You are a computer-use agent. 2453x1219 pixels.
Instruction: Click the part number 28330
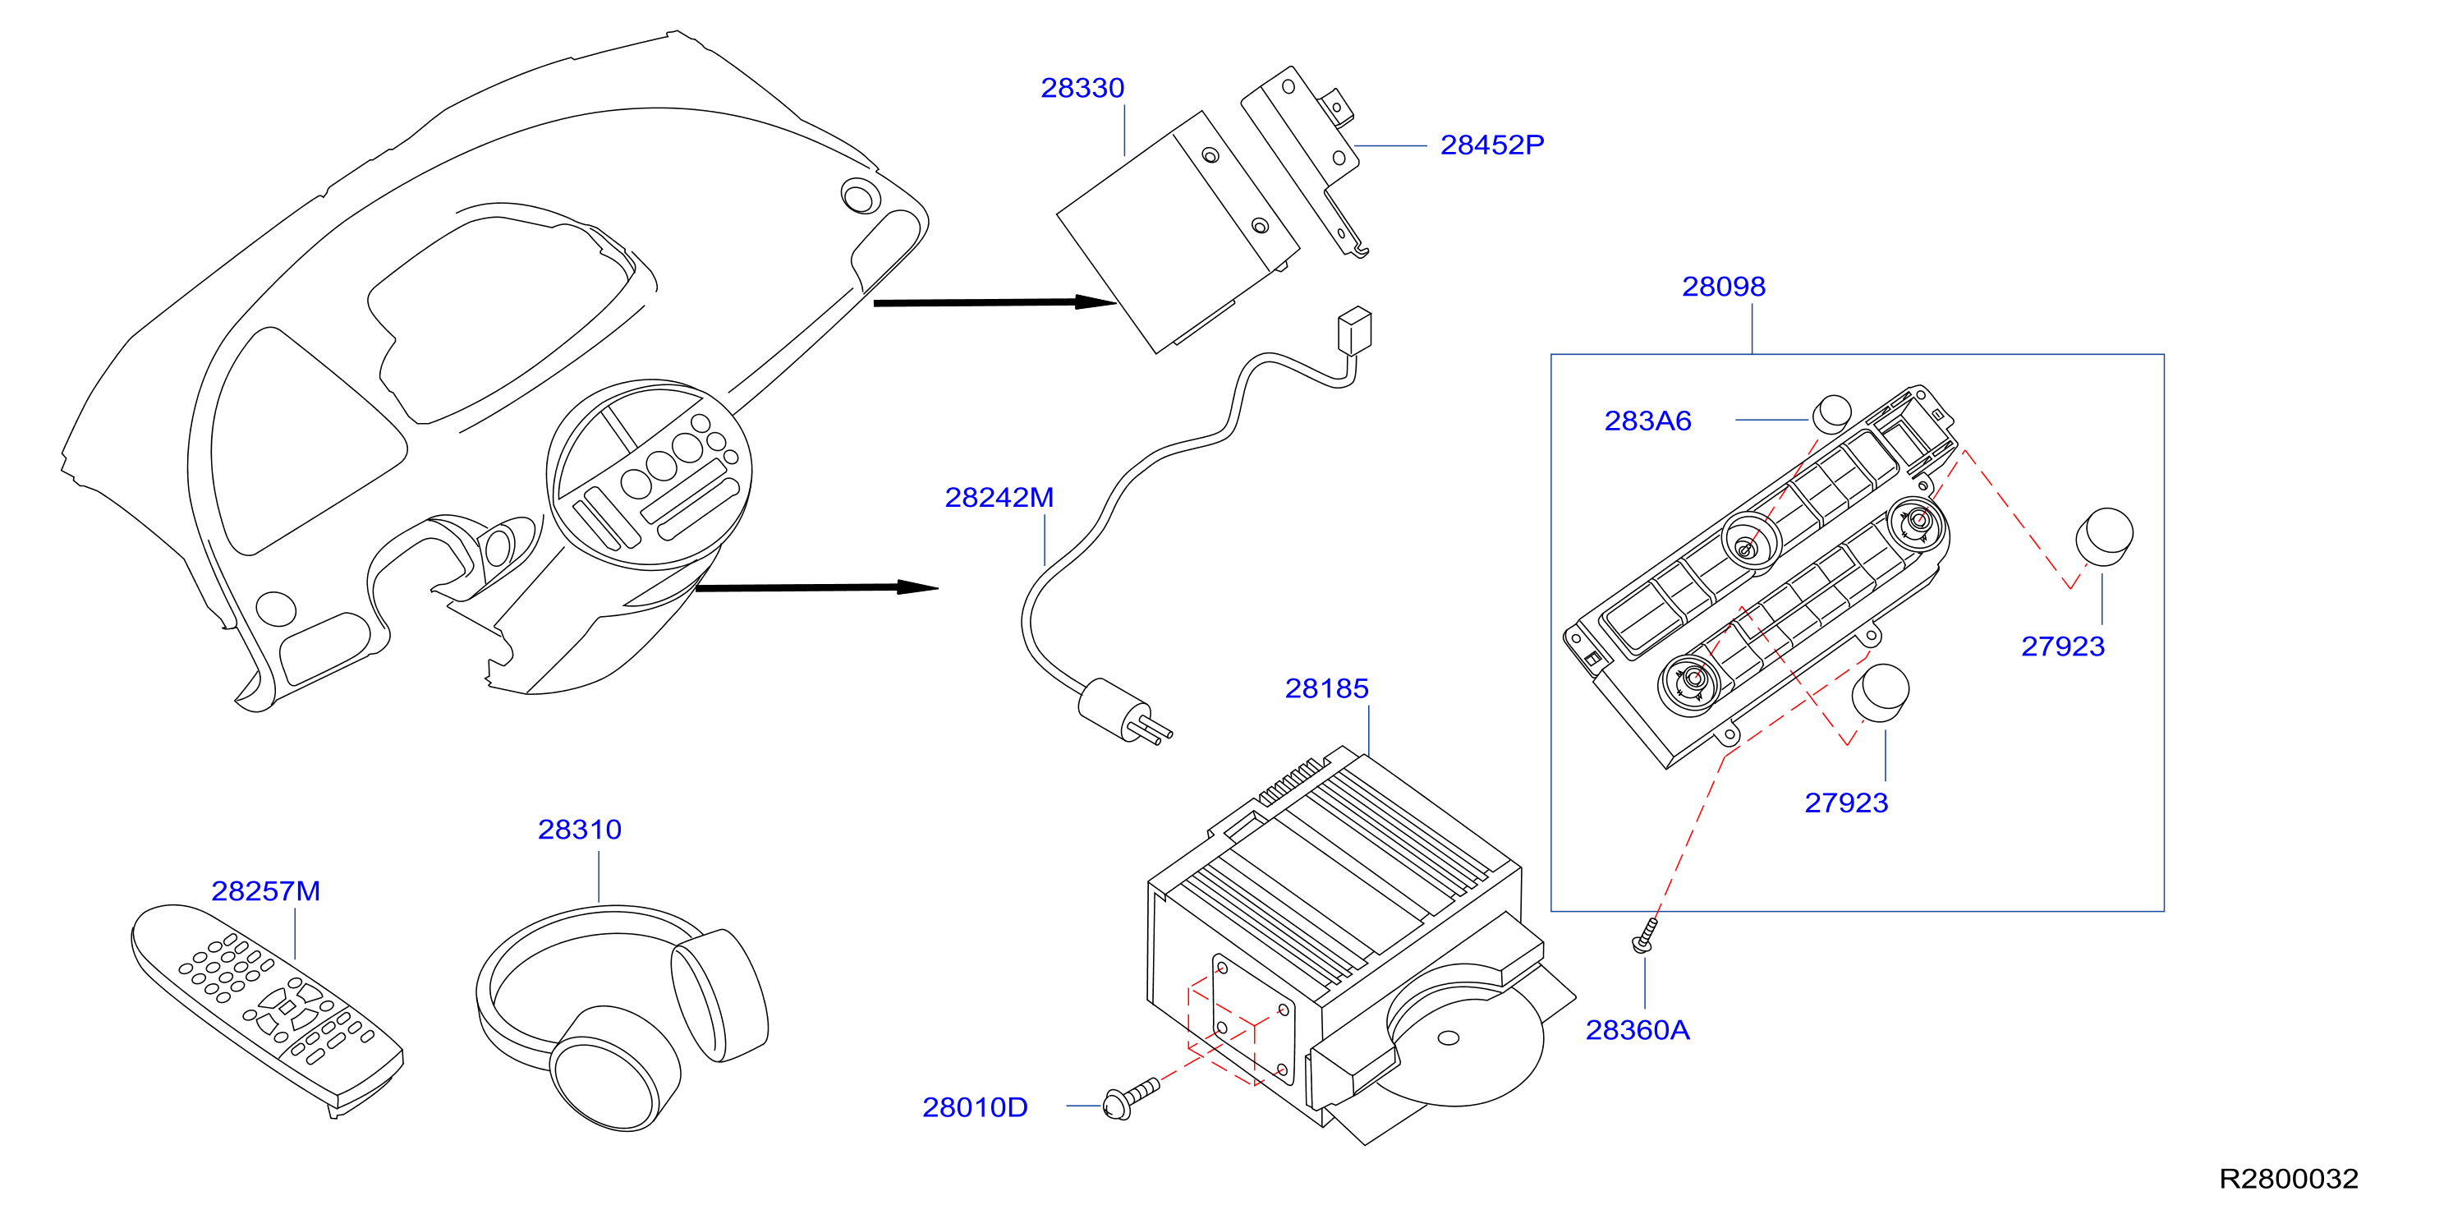coord(1082,88)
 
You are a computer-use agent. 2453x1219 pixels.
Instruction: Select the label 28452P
coord(1491,145)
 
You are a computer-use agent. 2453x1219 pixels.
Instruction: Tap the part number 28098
coord(1723,287)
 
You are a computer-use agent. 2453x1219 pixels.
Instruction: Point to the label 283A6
coord(1647,421)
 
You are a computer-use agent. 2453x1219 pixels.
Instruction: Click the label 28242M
coord(999,497)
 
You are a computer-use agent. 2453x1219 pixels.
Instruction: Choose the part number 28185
coord(1326,688)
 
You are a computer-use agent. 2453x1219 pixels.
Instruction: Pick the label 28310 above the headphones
coord(579,830)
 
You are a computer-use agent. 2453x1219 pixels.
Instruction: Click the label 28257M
coord(266,891)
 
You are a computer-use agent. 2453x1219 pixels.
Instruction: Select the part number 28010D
coord(974,1107)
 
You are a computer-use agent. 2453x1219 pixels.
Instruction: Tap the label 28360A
coord(1637,1030)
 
